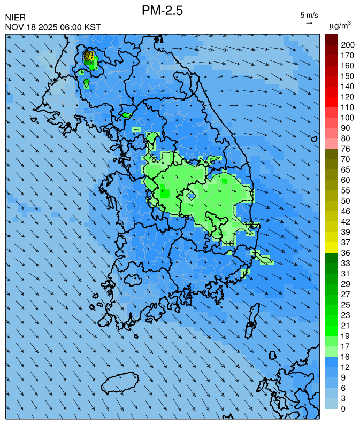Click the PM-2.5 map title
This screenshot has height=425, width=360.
163,10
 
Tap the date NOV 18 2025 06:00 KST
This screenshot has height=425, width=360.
53,27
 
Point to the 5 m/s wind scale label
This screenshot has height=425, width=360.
309,15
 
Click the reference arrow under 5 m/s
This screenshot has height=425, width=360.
309,24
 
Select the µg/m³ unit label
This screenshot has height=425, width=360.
340,25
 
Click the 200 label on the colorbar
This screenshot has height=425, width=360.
347,45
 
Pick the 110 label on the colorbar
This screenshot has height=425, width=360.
347,107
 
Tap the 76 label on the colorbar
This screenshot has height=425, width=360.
345,149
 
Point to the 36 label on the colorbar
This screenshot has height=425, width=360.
345,252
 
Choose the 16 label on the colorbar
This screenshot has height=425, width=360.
345,356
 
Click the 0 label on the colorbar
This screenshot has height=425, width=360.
343,408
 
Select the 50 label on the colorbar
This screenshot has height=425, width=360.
345,200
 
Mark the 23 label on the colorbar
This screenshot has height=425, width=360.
345,315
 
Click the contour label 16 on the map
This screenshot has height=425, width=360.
229,243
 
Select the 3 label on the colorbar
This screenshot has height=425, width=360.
343,398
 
